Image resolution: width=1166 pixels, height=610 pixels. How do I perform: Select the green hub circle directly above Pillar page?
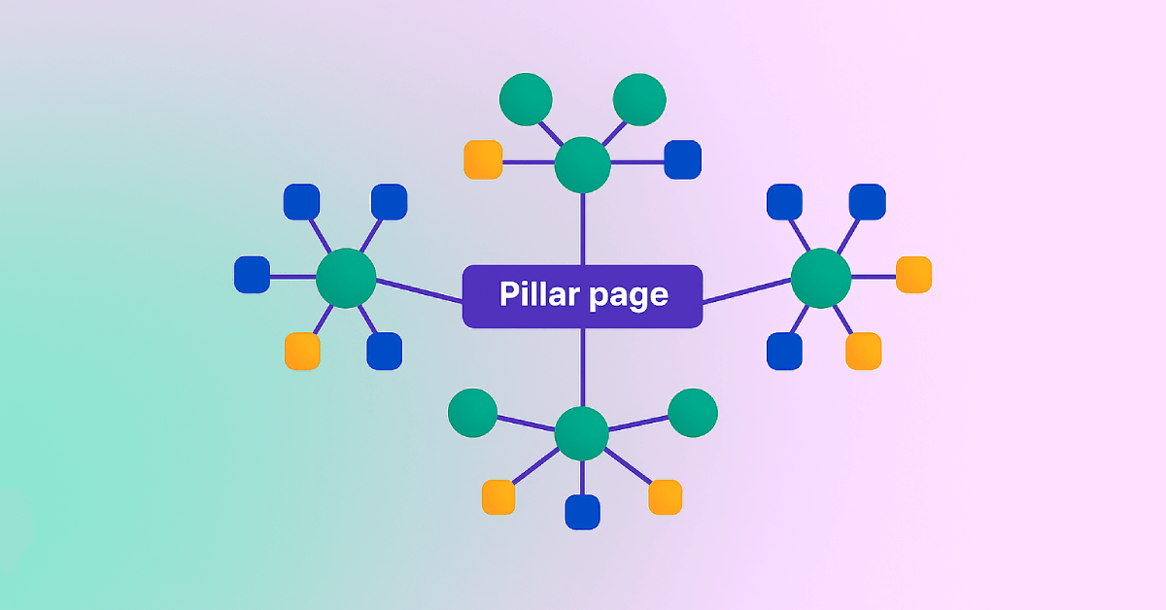(582, 164)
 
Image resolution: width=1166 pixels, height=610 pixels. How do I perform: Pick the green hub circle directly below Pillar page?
(581, 434)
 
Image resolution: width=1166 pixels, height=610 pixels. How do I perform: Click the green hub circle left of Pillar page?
(346, 278)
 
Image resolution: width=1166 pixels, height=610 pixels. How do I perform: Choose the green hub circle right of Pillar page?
(820, 278)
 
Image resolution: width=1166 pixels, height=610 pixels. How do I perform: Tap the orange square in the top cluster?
(483, 160)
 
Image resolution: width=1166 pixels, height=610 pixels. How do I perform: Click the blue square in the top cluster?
(682, 160)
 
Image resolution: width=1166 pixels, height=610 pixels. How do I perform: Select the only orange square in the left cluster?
(302, 351)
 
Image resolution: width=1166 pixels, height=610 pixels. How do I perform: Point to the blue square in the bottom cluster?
(582, 512)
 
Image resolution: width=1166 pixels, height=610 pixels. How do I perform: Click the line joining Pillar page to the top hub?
(582, 228)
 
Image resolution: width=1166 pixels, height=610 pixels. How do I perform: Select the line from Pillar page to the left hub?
(418, 291)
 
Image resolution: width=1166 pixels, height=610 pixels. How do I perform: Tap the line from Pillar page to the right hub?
(746, 291)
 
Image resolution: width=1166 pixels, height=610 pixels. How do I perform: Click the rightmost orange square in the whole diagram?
(913, 275)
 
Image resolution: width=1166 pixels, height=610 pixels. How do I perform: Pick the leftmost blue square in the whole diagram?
(253, 275)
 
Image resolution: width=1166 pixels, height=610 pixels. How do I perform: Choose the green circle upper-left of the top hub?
(526, 99)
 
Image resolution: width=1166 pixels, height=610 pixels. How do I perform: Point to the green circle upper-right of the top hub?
(639, 99)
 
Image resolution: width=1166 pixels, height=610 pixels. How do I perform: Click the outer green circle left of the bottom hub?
(473, 413)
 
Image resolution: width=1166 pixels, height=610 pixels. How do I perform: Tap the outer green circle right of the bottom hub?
(693, 413)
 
